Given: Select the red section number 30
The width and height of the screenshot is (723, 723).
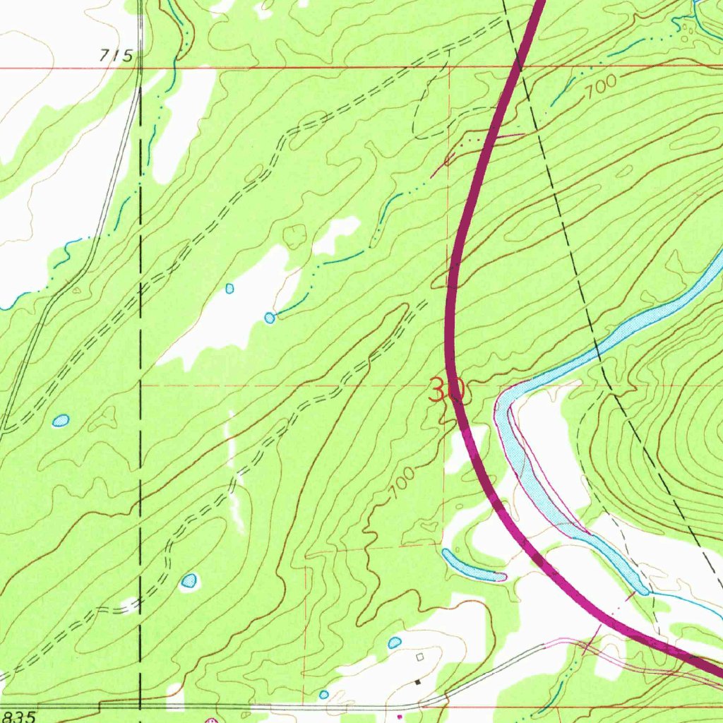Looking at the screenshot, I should [446, 390].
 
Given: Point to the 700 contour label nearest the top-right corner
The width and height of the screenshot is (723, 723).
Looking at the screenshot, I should [599, 85].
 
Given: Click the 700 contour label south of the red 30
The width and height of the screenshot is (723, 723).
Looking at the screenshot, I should [401, 486].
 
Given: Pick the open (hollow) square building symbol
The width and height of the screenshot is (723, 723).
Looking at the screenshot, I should [421, 657].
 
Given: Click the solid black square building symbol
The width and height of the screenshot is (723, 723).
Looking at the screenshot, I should [417, 682].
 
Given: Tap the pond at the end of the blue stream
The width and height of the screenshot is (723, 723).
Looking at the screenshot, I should [270, 318].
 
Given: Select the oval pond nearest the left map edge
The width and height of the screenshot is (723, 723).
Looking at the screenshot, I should [61, 421].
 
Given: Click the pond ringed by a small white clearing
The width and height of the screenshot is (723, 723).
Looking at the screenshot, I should [189, 582].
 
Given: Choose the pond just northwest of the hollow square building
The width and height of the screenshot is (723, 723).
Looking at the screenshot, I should [395, 643].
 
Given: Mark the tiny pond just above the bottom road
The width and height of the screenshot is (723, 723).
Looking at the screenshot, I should [323, 695].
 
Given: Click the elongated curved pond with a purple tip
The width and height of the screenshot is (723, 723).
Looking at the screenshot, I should [469, 566].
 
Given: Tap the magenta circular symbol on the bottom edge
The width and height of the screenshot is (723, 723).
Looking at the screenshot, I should [210, 721].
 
